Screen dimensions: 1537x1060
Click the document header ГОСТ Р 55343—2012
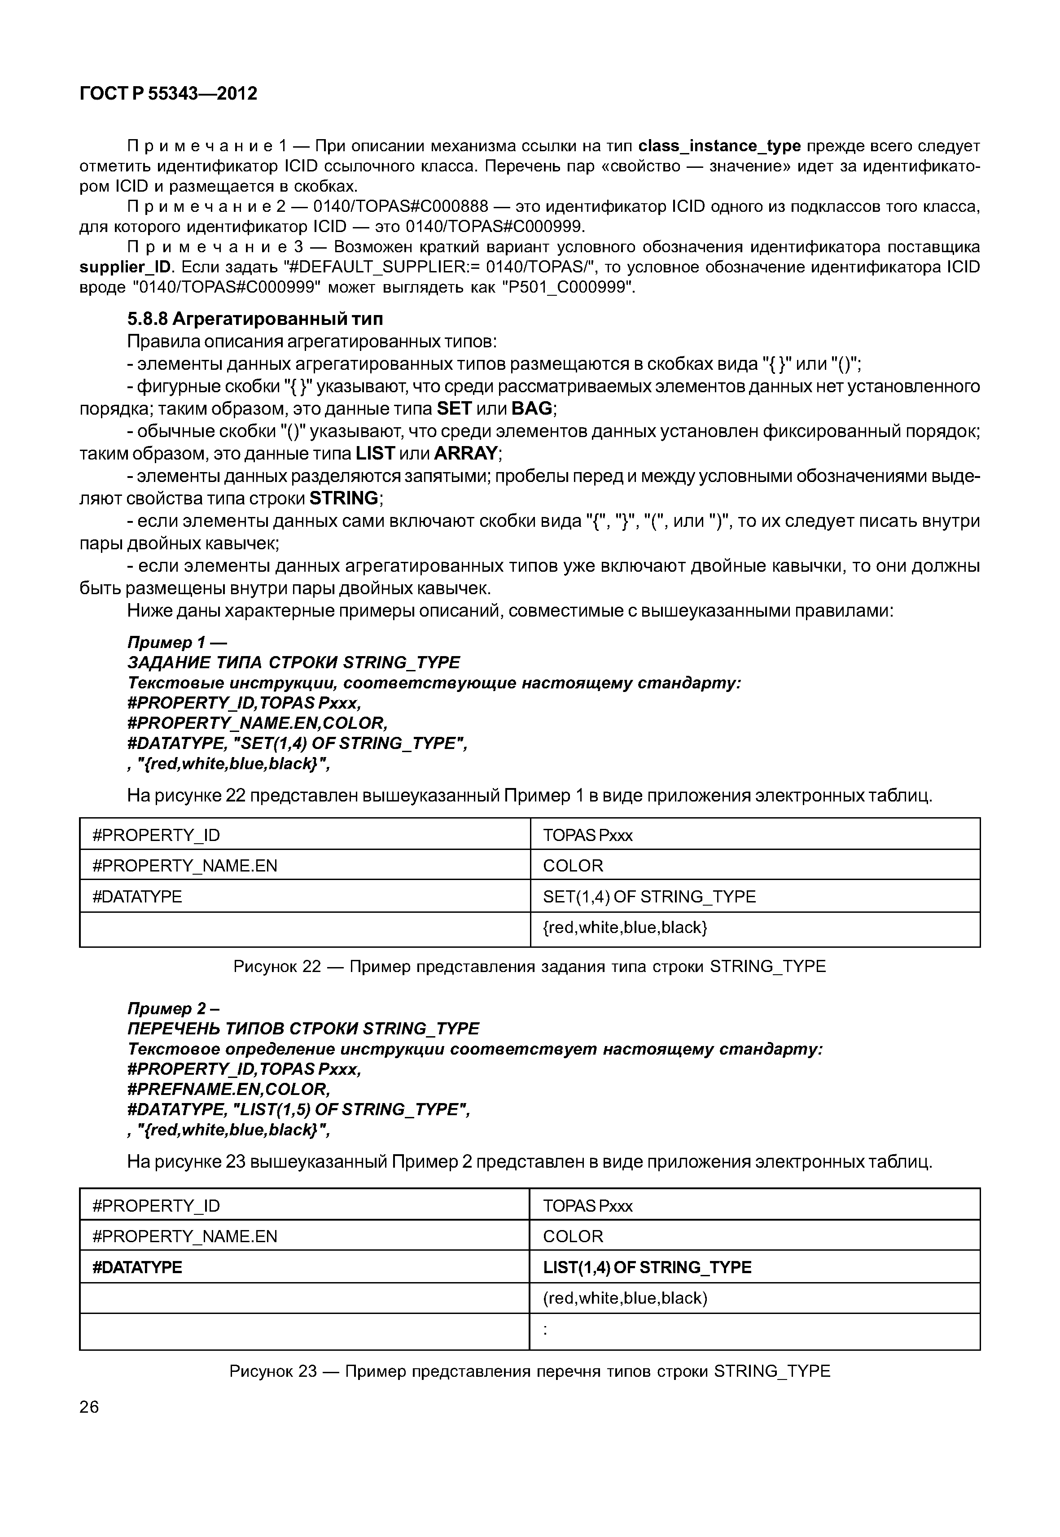[168, 94]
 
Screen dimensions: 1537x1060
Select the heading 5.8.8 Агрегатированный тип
[255, 320]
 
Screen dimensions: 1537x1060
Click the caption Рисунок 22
[530, 967]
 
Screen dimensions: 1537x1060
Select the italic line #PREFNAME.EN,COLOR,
[228, 1089]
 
